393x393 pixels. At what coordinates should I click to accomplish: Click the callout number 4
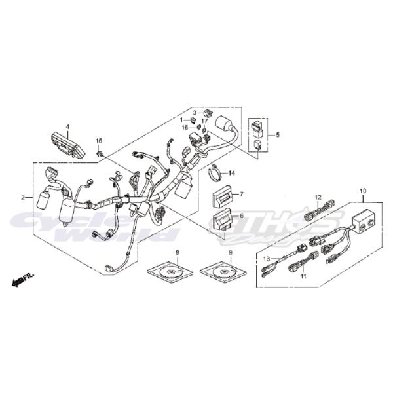coord(67,126)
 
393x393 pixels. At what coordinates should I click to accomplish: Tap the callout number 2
coord(23,197)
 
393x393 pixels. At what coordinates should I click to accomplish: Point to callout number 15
coord(100,141)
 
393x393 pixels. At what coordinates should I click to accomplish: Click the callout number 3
coord(194,113)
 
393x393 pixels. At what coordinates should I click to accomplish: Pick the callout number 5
coord(278,134)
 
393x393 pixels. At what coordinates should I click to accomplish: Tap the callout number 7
coord(241,195)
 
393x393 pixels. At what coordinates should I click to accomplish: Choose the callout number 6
coord(241,215)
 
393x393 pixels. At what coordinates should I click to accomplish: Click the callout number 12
coord(318,196)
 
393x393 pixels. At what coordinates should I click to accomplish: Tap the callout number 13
coord(267,259)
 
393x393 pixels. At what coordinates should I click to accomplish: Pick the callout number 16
coord(185,128)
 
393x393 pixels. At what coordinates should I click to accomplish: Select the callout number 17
coord(204,121)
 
